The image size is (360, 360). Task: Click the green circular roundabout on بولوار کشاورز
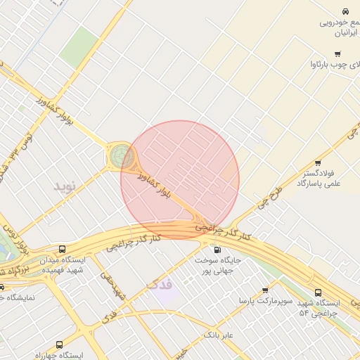pyautogui.click(x=121, y=156)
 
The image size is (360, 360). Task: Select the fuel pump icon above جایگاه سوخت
pyautogui.click(x=215, y=250)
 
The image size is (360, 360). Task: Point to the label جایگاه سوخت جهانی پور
pyautogui.click(x=218, y=265)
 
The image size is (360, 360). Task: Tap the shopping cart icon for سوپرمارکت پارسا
pyautogui.click(x=265, y=290)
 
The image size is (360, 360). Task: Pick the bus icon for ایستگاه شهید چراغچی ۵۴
pyautogui.click(x=318, y=292)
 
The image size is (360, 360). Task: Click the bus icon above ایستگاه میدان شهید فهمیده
pyautogui.click(x=63, y=250)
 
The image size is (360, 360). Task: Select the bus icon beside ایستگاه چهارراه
pyautogui.click(x=58, y=345)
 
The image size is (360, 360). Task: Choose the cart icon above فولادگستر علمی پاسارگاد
pyautogui.click(x=318, y=163)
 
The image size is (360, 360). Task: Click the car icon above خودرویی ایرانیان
pyautogui.click(x=345, y=12)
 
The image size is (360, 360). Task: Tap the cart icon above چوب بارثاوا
pyautogui.click(x=337, y=54)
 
